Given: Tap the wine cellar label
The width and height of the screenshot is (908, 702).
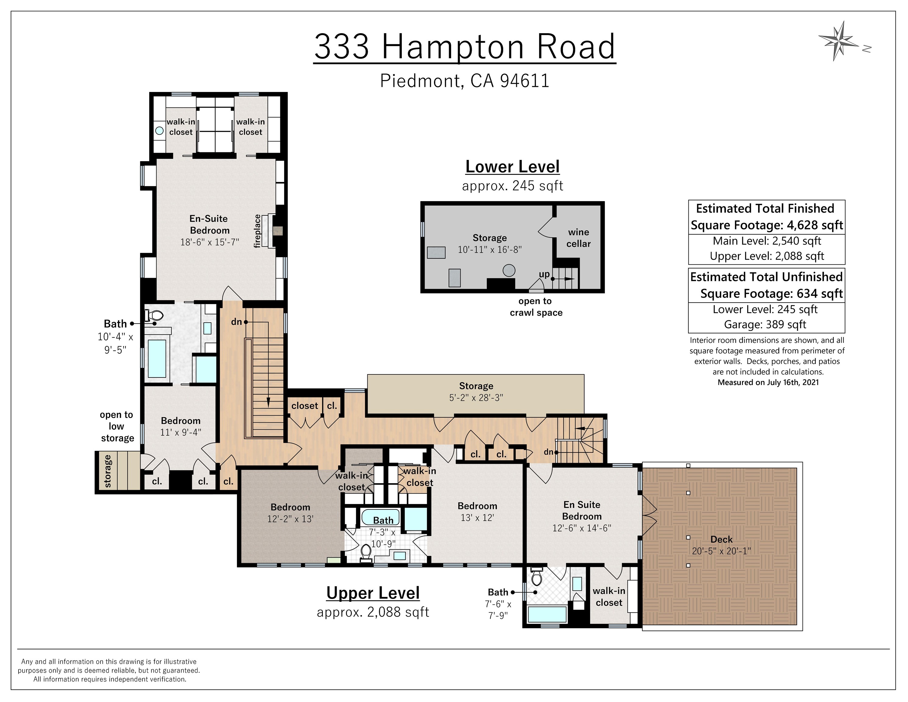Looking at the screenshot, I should (x=578, y=238).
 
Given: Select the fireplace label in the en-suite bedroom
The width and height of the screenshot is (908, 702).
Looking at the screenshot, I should (x=257, y=231).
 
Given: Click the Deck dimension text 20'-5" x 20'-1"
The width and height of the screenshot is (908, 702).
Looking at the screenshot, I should (x=721, y=551).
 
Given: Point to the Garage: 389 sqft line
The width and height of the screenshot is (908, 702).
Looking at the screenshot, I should (x=765, y=324).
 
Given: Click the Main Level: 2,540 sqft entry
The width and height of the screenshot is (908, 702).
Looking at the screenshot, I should (x=767, y=241).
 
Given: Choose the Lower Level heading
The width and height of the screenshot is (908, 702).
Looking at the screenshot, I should (x=512, y=167).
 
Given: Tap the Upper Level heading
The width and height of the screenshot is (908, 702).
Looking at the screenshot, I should (x=373, y=593).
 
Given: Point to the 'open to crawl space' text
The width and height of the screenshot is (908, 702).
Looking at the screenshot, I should (x=536, y=307).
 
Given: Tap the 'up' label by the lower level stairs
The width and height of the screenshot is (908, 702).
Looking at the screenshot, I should (x=544, y=275).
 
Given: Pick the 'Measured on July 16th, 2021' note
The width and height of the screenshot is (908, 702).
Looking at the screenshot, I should (x=768, y=382).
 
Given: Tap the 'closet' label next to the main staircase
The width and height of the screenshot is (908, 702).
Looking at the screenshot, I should (x=304, y=406).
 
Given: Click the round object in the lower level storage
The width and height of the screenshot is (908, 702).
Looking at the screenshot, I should (x=509, y=270).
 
